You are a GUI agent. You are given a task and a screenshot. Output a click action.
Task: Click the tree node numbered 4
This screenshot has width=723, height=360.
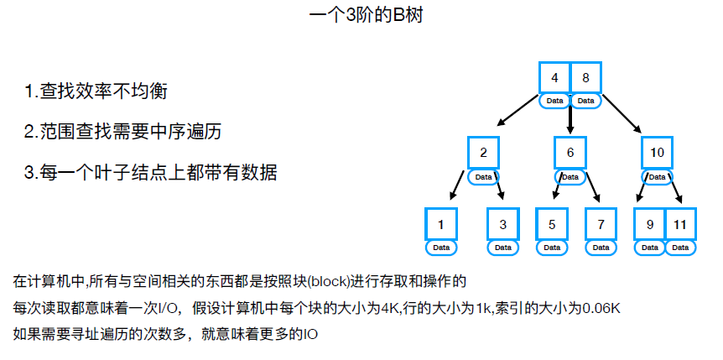554,78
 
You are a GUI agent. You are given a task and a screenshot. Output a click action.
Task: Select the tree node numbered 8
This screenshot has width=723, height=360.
585,78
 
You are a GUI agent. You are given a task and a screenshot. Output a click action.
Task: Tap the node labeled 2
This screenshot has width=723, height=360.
484,153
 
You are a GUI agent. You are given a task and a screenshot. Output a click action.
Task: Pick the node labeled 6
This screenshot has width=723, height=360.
570,153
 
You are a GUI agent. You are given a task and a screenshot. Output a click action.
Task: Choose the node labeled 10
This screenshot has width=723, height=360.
657,153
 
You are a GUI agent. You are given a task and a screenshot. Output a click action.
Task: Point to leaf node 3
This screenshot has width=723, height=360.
502,225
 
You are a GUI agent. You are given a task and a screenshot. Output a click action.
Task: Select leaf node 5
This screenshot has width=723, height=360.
552,225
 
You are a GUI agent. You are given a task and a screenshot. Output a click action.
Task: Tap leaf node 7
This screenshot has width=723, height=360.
601,225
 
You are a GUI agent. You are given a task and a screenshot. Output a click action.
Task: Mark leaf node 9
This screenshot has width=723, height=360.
649,225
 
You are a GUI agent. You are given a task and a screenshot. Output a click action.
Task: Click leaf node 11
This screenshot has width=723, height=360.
680,225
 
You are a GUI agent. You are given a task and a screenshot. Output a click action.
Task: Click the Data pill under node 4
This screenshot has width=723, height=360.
554,101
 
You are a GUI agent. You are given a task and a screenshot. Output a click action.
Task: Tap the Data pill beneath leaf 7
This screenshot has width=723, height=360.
601,248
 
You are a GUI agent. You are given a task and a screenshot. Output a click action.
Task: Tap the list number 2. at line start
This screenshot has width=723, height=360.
31,132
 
